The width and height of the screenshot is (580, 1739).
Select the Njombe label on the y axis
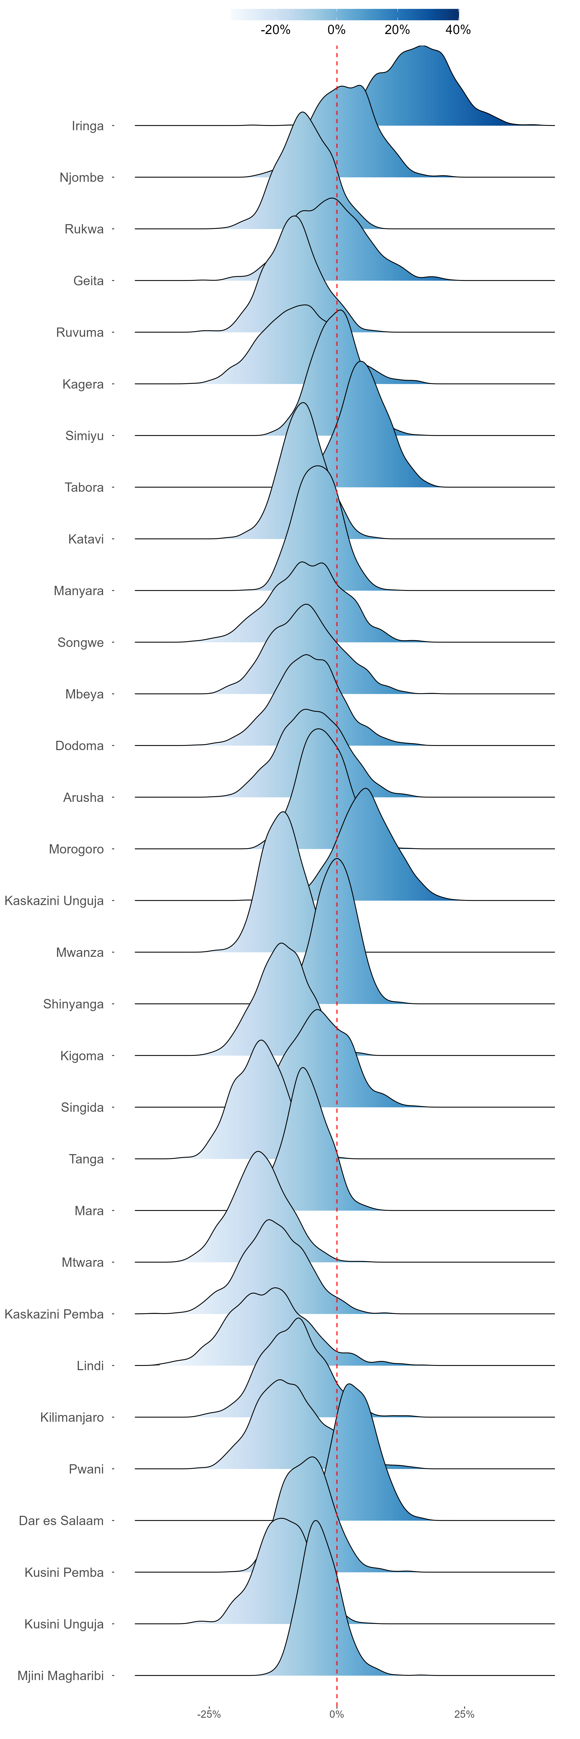pyautogui.click(x=82, y=178)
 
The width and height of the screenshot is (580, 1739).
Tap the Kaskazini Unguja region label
pyautogui.click(x=54, y=901)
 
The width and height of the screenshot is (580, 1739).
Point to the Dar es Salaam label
pyautogui.click(x=61, y=1521)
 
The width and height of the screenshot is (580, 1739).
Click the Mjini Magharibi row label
pyautogui.click(x=61, y=1676)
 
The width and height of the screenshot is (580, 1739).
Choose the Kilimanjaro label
pyautogui.click(x=72, y=1418)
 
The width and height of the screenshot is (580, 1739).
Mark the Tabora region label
pyautogui.click(x=84, y=487)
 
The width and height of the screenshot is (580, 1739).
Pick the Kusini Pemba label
pyautogui.click(x=64, y=1572)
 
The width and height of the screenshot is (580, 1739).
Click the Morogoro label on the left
pyautogui.click(x=76, y=849)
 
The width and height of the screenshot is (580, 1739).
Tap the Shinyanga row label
pyautogui.click(x=74, y=1004)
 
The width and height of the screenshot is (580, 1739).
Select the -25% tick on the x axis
pyautogui.click(x=209, y=1714)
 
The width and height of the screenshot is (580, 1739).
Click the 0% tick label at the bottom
pyautogui.click(x=336, y=1714)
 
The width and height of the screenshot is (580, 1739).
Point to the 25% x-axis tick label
pyautogui.click(x=464, y=1714)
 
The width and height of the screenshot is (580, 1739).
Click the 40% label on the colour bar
pyautogui.click(x=458, y=30)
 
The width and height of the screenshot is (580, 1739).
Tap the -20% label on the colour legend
pyautogui.click(x=275, y=30)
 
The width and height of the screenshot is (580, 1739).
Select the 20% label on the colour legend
pyautogui.click(x=397, y=30)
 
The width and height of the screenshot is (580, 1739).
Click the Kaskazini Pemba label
pyautogui.click(x=54, y=1314)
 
